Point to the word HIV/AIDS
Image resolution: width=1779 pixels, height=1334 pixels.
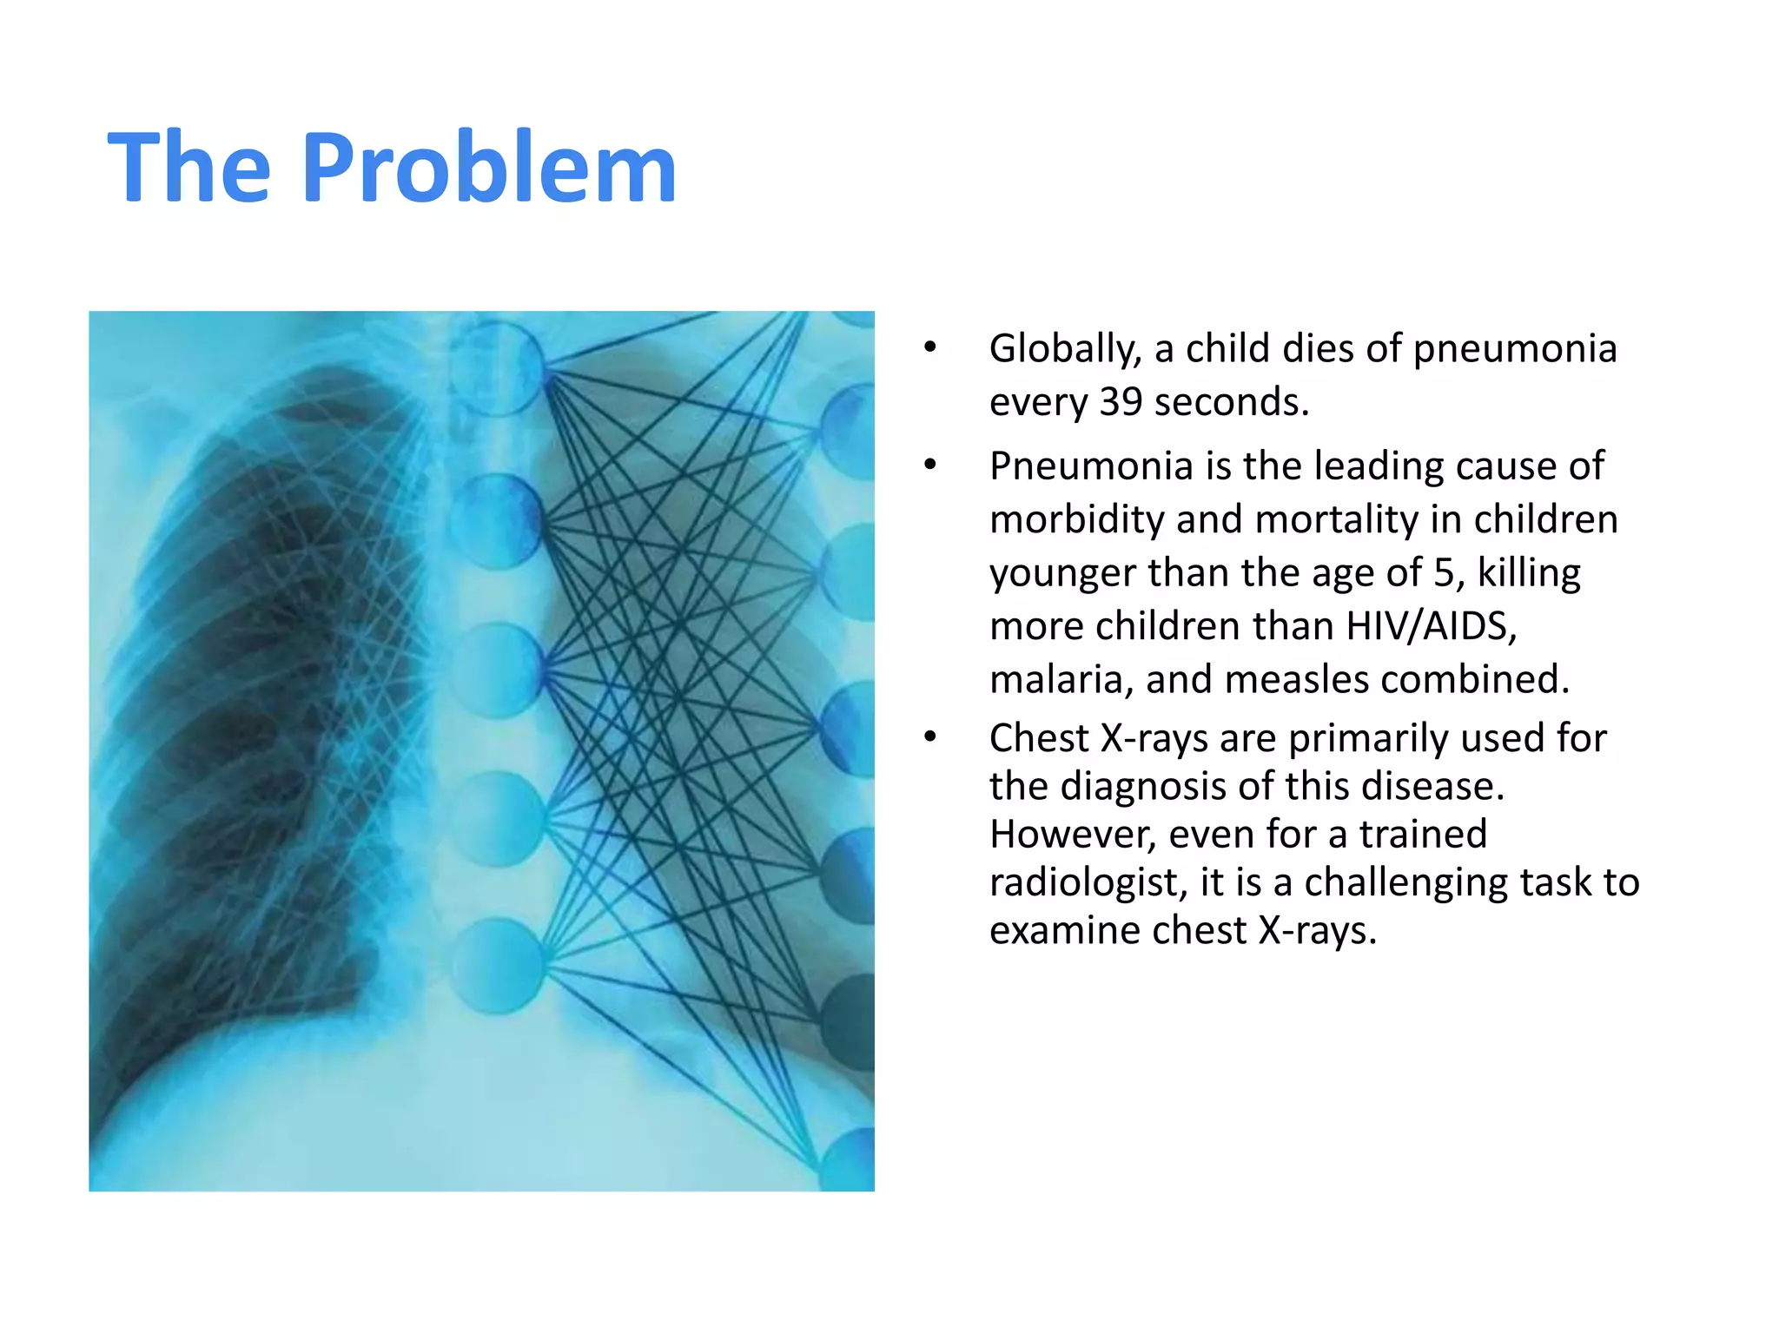pos(1431,626)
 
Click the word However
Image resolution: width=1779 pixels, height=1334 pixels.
pos(1073,835)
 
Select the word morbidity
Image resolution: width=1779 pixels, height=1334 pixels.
pos(1077,520)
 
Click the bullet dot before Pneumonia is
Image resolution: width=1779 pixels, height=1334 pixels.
pos(930,465)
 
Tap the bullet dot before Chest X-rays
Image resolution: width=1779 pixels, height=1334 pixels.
pos(930,737)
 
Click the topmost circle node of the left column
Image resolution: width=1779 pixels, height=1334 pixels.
pos(496,367)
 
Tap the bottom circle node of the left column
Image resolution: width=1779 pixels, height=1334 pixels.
pos(498,966)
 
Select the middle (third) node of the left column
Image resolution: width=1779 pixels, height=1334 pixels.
pos(498,670)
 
